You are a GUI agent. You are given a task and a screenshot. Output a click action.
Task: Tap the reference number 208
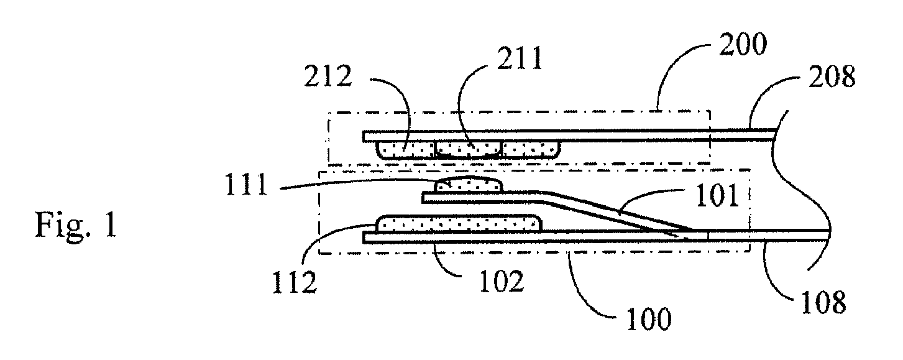point(832,76)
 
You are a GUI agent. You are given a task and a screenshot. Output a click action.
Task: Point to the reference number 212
point(328,76)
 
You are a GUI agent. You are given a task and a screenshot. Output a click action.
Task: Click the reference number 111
point(246,185)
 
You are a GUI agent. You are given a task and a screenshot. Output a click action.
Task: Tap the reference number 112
point(295,282)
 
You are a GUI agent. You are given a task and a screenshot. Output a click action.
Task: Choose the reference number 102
point(502,281)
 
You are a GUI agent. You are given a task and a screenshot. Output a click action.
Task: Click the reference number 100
point(649,319)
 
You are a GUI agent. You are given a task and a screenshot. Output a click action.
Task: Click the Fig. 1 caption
point(76,226)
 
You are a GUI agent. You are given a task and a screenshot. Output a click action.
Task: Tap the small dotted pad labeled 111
point(469,186)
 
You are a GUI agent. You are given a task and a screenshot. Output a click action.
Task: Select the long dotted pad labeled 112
point(459,223)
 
